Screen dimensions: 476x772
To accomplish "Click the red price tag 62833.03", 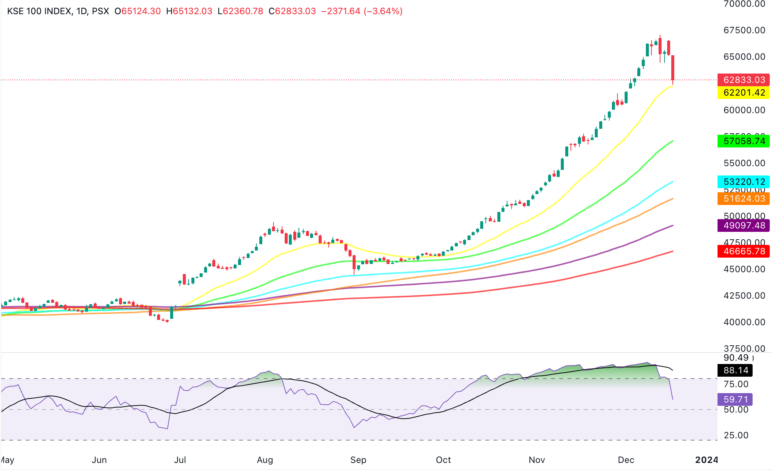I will (744, 80).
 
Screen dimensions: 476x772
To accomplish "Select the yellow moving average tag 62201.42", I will (744, 93).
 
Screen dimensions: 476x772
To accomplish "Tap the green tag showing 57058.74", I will (744, 141).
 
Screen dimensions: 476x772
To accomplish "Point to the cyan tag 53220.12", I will (744, 182).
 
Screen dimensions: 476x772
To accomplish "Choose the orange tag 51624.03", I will (744, 199).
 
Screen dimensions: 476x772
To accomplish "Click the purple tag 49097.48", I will (744, 225).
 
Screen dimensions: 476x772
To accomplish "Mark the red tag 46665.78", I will (744, 251).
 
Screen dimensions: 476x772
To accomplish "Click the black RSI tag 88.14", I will (735, 370).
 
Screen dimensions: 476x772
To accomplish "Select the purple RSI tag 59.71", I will (735, 399).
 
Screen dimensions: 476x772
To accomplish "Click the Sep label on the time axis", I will (358, 460).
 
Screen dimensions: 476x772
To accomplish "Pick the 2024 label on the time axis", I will (706, 460).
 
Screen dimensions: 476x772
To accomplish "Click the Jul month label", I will (180, 460).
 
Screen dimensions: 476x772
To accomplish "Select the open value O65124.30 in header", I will (137, 11).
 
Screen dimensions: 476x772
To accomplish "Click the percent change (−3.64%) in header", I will (383, 11).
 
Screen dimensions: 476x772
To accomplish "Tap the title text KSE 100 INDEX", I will (39, 11).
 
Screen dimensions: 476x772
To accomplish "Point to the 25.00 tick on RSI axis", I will (736, 435).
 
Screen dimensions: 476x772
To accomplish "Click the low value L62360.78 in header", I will (240, 11).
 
